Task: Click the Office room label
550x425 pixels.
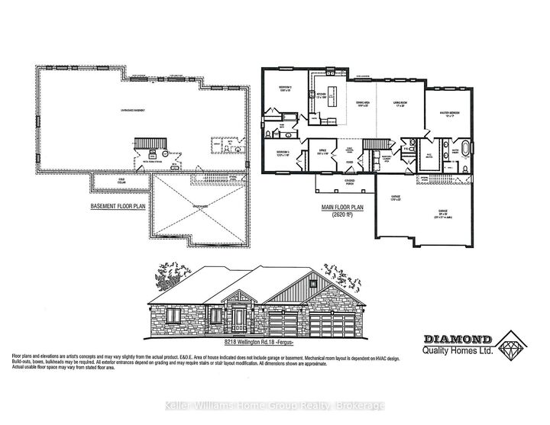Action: (x=322, y=153)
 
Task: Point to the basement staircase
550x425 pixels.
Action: (x=147, y=145)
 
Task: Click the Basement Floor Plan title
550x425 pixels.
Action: (x=118, y=206)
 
